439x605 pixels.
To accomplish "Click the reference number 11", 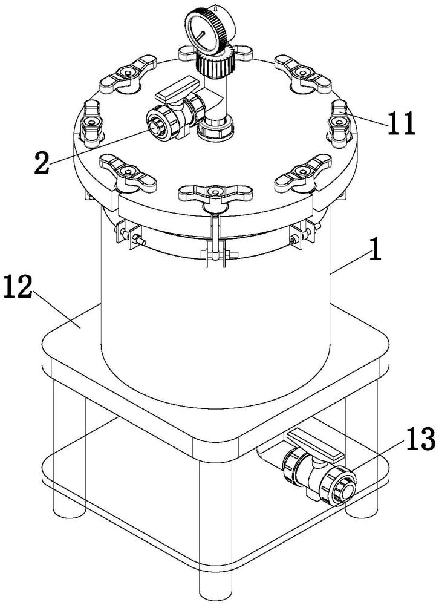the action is coord(401,123).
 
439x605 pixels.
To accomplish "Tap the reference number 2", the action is coord(42,162).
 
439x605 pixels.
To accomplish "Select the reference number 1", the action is coord(375,249).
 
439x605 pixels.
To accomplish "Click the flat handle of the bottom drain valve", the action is coord(315,446).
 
